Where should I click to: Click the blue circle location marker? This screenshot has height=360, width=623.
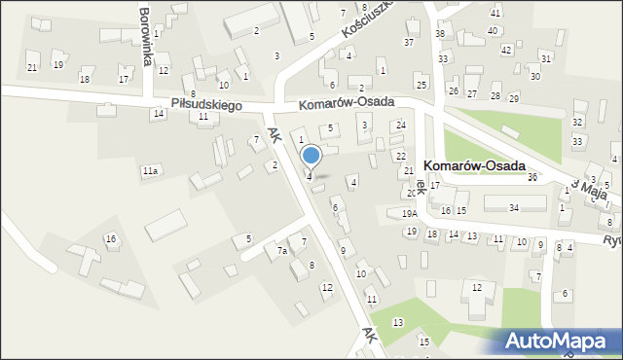pyautogui.click(x=311, y=155)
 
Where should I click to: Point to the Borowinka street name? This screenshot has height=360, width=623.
pyautogui.click(x=145, y=36)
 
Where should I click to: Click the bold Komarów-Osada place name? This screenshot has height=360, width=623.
pyautogui.click(x=475, y=166)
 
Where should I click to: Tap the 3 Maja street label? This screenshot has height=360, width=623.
pyautogui.click(x=589, y=188)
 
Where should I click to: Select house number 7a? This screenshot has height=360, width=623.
pyautogui.click(x=281, y=251)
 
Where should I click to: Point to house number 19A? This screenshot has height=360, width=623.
pyautogui.click(x=409, y=213)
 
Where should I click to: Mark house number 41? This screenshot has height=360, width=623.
pyautogui.click(x=495, y=13)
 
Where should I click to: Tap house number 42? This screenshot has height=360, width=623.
pyautogui.click(x=505, y=50)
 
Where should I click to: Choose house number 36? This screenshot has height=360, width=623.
pyautogui.click(x=532, y=177)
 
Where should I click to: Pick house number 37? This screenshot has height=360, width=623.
pyautogui.click(x=409, y=43)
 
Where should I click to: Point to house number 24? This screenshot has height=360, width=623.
pyautogui.click(x=400, y=126)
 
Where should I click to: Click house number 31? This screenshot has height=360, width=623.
pyautogui.click(x=546, y=58)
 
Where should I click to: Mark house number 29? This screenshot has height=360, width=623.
pyautogui.click(x=513, y=99)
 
